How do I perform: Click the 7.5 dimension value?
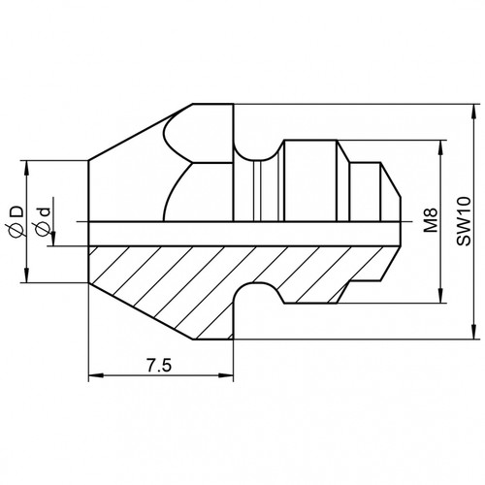[x=159, y=366]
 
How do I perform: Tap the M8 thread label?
[x=431, y=220]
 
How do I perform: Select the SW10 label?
[x=464, y=221]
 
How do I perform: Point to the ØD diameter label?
[x=16, y=222]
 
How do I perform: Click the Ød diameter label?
[x=44, y=221]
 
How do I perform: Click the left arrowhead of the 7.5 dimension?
[x=96, y=375]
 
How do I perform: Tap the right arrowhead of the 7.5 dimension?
[x=226, y=375]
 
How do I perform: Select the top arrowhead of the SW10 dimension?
[x=474, y=112]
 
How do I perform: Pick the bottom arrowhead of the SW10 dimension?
[x=474, y=332]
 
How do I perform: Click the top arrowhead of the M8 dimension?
[x=440, y=147]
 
